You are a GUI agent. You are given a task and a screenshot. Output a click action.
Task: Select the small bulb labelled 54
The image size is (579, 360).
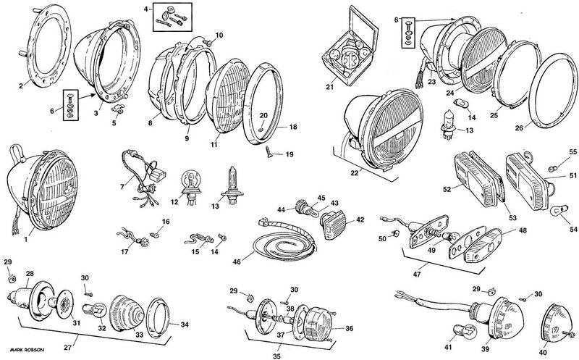556,210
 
